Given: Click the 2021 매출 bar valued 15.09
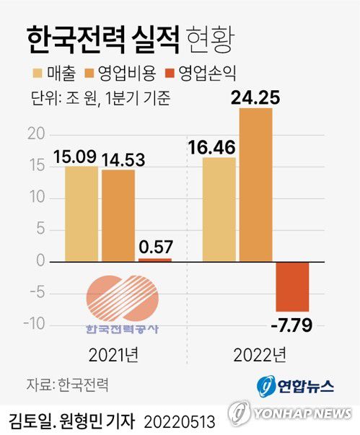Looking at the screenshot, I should [x=81, y=214].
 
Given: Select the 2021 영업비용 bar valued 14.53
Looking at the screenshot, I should [x=118, y=215].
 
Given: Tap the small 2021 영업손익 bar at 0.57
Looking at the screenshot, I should [x=155, y=259].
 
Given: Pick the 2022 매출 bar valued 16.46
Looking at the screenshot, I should [x=219, y=209].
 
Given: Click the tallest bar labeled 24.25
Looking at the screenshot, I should [x=255, y=185].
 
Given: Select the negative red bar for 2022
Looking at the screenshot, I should [x=292, y=286].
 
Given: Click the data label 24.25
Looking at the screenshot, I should [x=256, y=96].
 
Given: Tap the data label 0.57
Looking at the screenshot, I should [x=155, y=246].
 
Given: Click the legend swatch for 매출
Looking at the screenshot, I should [x=38, y=73].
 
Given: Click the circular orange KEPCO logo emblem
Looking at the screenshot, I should [x=121, y=298].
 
